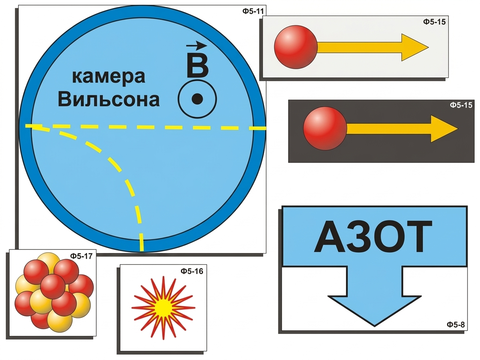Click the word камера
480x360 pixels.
click(x=108, y=77)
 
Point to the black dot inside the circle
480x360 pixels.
click(x=197, y=99)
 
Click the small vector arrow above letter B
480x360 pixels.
click(x=196, y=46)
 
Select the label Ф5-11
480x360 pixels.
click(x=253, y=11)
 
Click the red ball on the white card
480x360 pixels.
click(x=296, y=47)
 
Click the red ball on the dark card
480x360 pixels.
click(x=325, y=128)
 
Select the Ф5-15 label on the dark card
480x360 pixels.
click(x=461, y=105)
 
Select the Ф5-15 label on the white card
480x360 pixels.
click(x=434, y=22)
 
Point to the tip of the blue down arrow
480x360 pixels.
click(x=374, y=326)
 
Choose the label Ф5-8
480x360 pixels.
click(x=455, y=325)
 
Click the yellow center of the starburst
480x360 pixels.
click(x=163, y=307)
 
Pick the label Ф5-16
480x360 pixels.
click(x=192, y=271)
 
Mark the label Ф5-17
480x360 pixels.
click(x=81, y=256)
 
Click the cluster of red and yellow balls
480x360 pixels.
click(x=54, y=292)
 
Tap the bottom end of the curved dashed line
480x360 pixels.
click(x=141, y=250)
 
